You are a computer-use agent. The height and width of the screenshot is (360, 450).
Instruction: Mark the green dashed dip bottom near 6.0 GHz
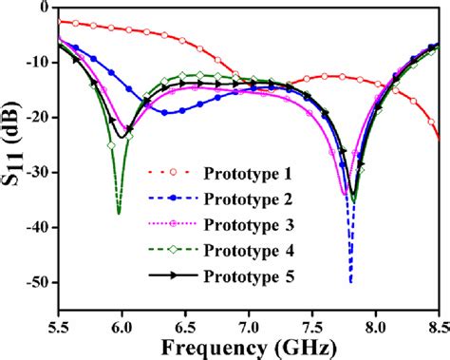coord(118,213)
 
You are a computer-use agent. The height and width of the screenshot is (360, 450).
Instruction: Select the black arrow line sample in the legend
coord(169,276)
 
